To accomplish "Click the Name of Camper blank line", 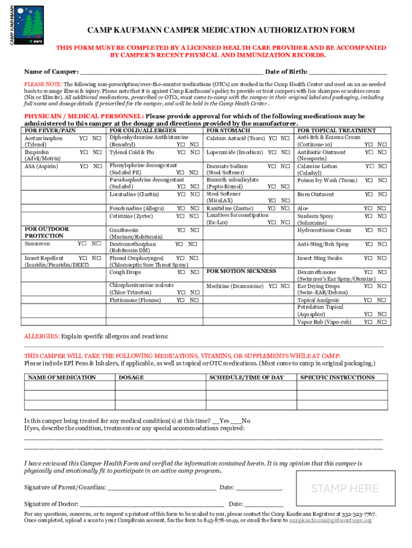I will click(171, 72).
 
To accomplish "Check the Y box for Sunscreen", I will click(80, 243).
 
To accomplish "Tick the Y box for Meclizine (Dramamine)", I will click(271, 286).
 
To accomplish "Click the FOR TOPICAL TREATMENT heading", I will click(337, 131).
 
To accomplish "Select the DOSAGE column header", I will click(131, 377).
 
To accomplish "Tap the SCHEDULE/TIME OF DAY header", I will click(246, 377).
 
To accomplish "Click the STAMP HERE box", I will click(345, 488).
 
